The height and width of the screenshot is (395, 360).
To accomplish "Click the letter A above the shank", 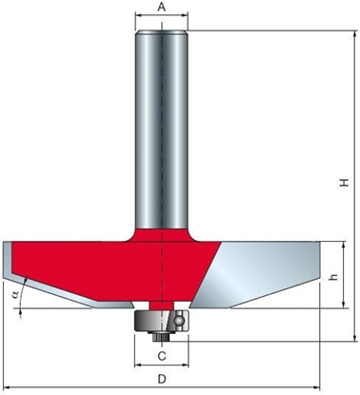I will [x=161, y=7].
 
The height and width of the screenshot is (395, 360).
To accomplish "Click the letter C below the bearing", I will [x=162, y=356].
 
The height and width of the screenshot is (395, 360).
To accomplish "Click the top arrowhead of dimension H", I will [x=354, y=33].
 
